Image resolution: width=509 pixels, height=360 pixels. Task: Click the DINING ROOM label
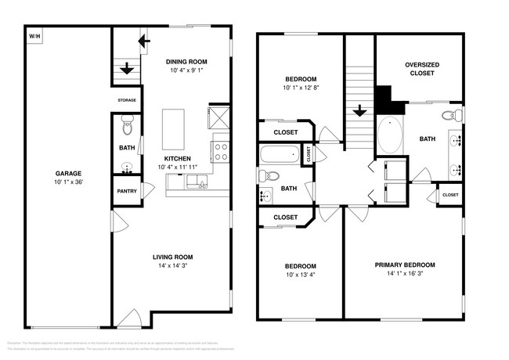pyautogui.click(x=186, y=62)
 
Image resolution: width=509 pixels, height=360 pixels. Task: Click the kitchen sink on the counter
pyautogui.click(x=199, y=184)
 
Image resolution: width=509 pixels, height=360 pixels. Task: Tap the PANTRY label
pyautogui.click(x=127, y=191)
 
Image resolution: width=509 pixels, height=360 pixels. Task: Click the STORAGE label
pyautogui.click(x=127, y=100)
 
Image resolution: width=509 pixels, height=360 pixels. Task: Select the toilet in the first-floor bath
pyautogui.click(x=128, y=123)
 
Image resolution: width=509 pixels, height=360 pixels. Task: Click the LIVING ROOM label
pyautogui.click(x=171, y=257)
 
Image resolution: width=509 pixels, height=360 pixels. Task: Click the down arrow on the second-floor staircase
pyautogui.click(x=359, y=111)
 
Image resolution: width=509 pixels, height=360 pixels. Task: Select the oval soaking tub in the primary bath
pyautogui.click(x=389, y=135)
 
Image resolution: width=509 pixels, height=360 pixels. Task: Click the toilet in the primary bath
pyautogui.click(x=449, y=116)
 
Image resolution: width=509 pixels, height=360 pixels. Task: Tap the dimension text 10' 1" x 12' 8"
pyautogui.click(x=301, y=88)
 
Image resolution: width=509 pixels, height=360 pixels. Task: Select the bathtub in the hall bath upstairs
pyautogui.click(x=280, y=154)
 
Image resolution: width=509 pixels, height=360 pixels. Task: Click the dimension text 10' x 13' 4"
pyautogui.click(x=301, y=275)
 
